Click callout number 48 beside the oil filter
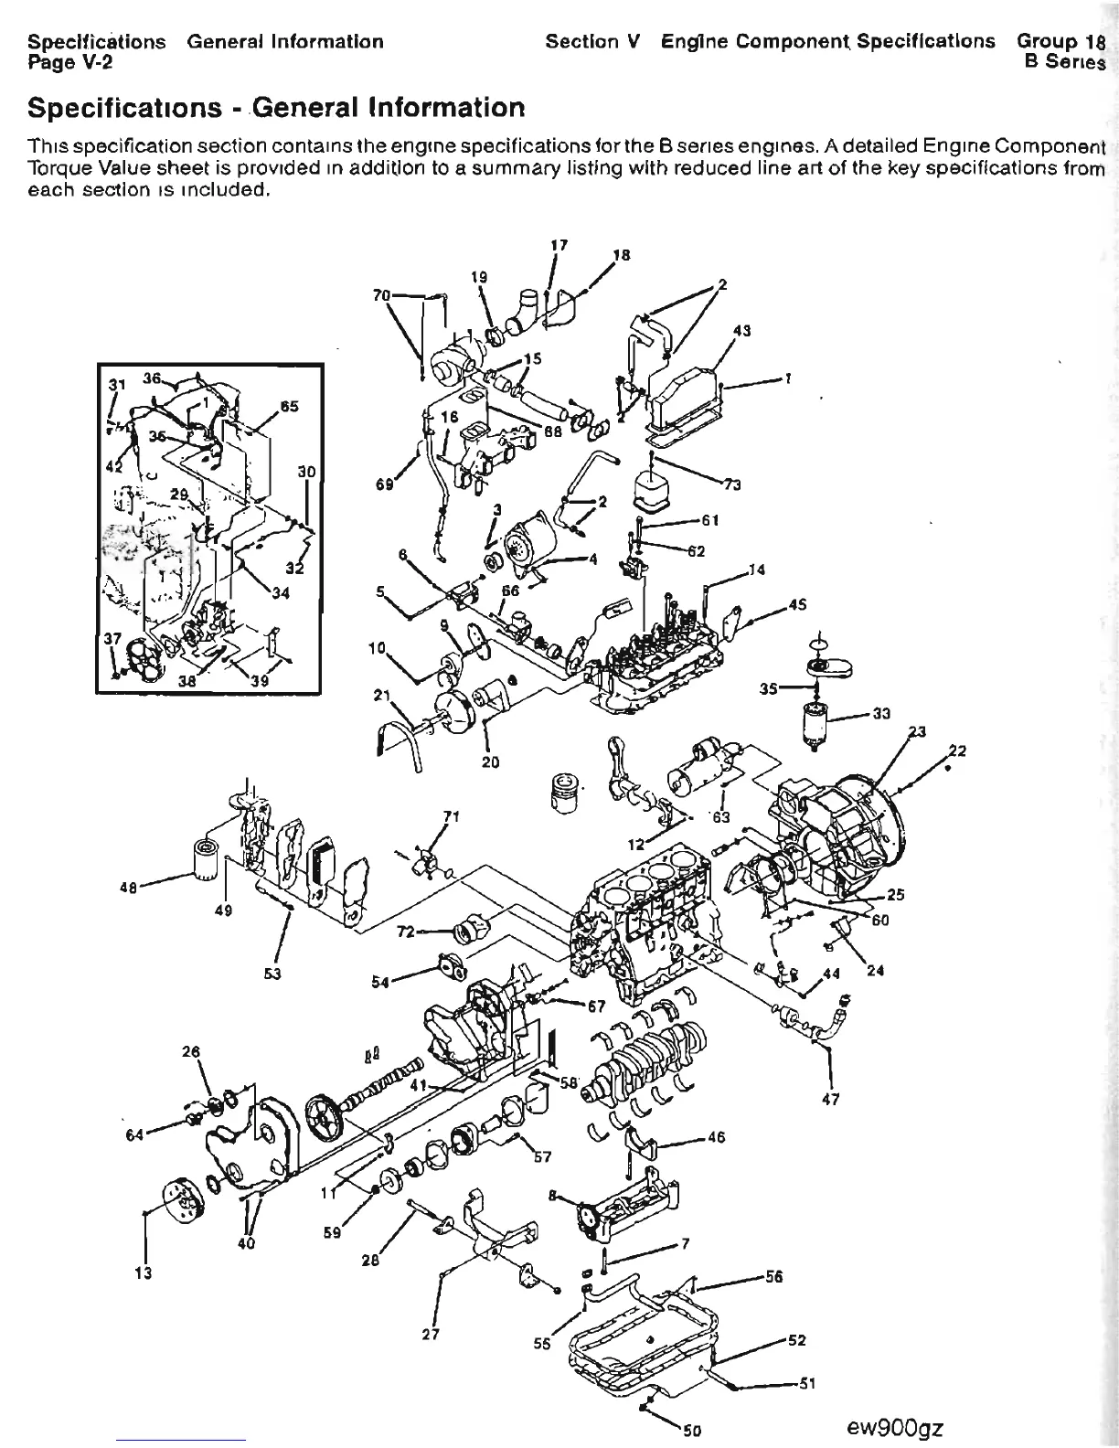pyautogui.click(x=129, y=885)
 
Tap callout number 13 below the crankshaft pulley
pyautogui.click(x=144, y=1272)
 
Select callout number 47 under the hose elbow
pyautogui.click(x=830, y=1099)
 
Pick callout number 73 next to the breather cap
pyautogui.click(x=731, y=484)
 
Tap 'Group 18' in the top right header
pyautogui.click(x=1060, y=41)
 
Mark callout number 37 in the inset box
pyautogui.click(x=112, y=638)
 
